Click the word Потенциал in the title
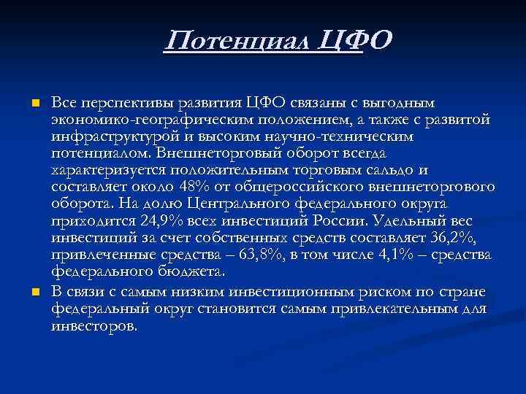[239, 39]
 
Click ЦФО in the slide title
[357, 39]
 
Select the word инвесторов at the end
[94, 325]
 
